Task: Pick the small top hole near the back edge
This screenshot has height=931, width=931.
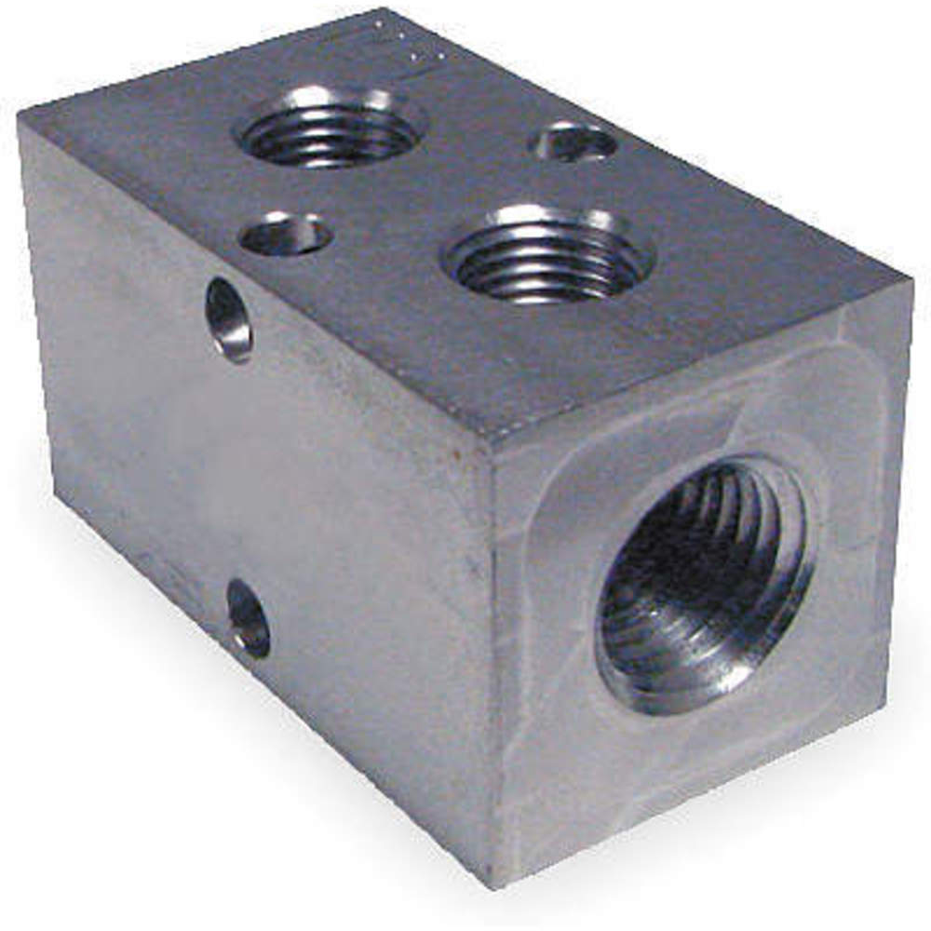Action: click(573, 142)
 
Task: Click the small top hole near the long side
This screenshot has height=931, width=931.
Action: click(286, 233)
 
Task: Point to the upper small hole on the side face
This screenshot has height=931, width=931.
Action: click(229, 319)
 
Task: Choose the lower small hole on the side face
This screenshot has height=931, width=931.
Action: click(248, 618)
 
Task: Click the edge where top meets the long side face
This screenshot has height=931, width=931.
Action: click(251, 279)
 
